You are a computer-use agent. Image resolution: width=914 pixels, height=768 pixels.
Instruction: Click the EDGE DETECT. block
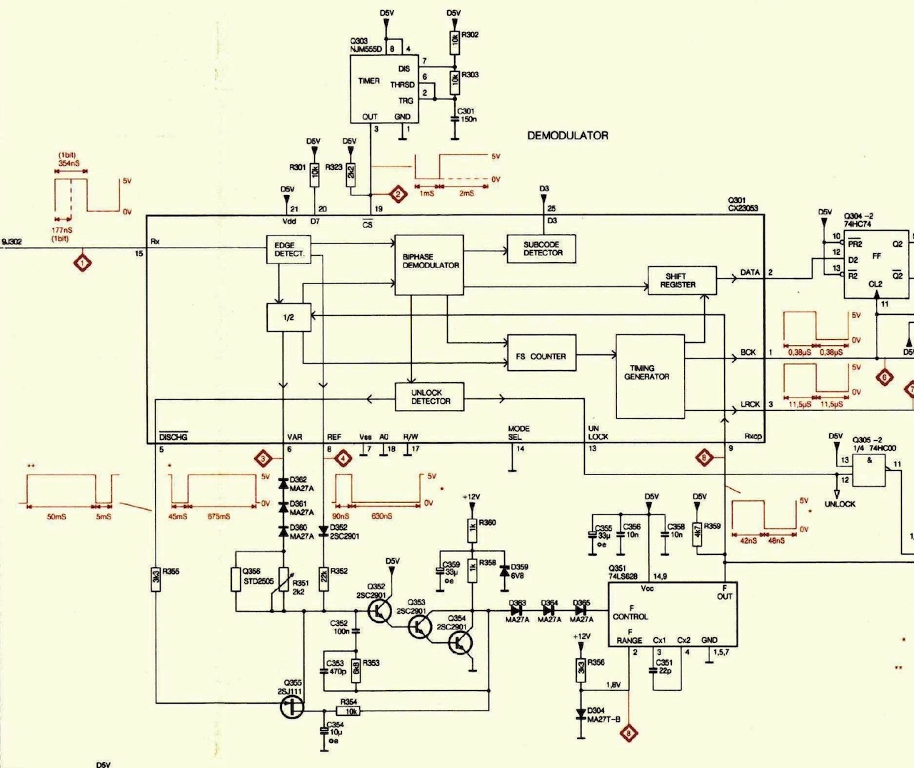pos(289,249)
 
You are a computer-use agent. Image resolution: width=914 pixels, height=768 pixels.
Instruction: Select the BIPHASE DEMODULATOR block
pos(430,264)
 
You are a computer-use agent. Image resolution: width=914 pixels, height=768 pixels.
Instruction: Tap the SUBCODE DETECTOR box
pos(541,248)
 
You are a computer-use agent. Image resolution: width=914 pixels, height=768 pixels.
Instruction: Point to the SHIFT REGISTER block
pos(681,280)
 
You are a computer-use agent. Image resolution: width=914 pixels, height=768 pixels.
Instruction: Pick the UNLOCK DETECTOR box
pos(430,397)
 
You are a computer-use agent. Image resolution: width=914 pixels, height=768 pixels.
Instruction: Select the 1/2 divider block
pos(288,317)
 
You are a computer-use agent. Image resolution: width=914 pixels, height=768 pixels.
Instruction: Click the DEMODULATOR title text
pos(568,135)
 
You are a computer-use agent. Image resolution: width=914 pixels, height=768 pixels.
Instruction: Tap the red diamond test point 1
pos(84,263)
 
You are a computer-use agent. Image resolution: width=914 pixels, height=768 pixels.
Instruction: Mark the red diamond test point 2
pos(398,194)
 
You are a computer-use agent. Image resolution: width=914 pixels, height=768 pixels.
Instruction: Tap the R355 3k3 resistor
pos(156,578)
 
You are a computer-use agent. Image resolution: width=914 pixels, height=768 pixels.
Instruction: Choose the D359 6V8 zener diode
pos(506,570)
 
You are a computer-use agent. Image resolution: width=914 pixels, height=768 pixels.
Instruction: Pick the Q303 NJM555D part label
pos(366,45)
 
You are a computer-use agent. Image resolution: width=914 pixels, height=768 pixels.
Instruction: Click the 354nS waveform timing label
pos(69,164)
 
